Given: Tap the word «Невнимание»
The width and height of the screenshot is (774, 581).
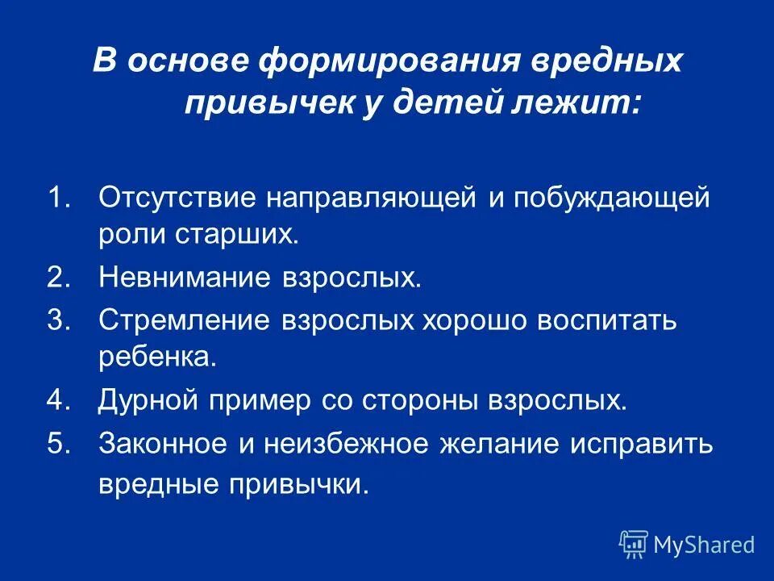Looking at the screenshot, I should click(x=181, y=278).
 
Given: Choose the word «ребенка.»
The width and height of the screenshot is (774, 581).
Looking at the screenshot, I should click(x=158, y=357).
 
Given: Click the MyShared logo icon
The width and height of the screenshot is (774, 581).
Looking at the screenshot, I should click(x=634, y=545).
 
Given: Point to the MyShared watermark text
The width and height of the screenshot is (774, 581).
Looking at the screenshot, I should click(x=704, y=545).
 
